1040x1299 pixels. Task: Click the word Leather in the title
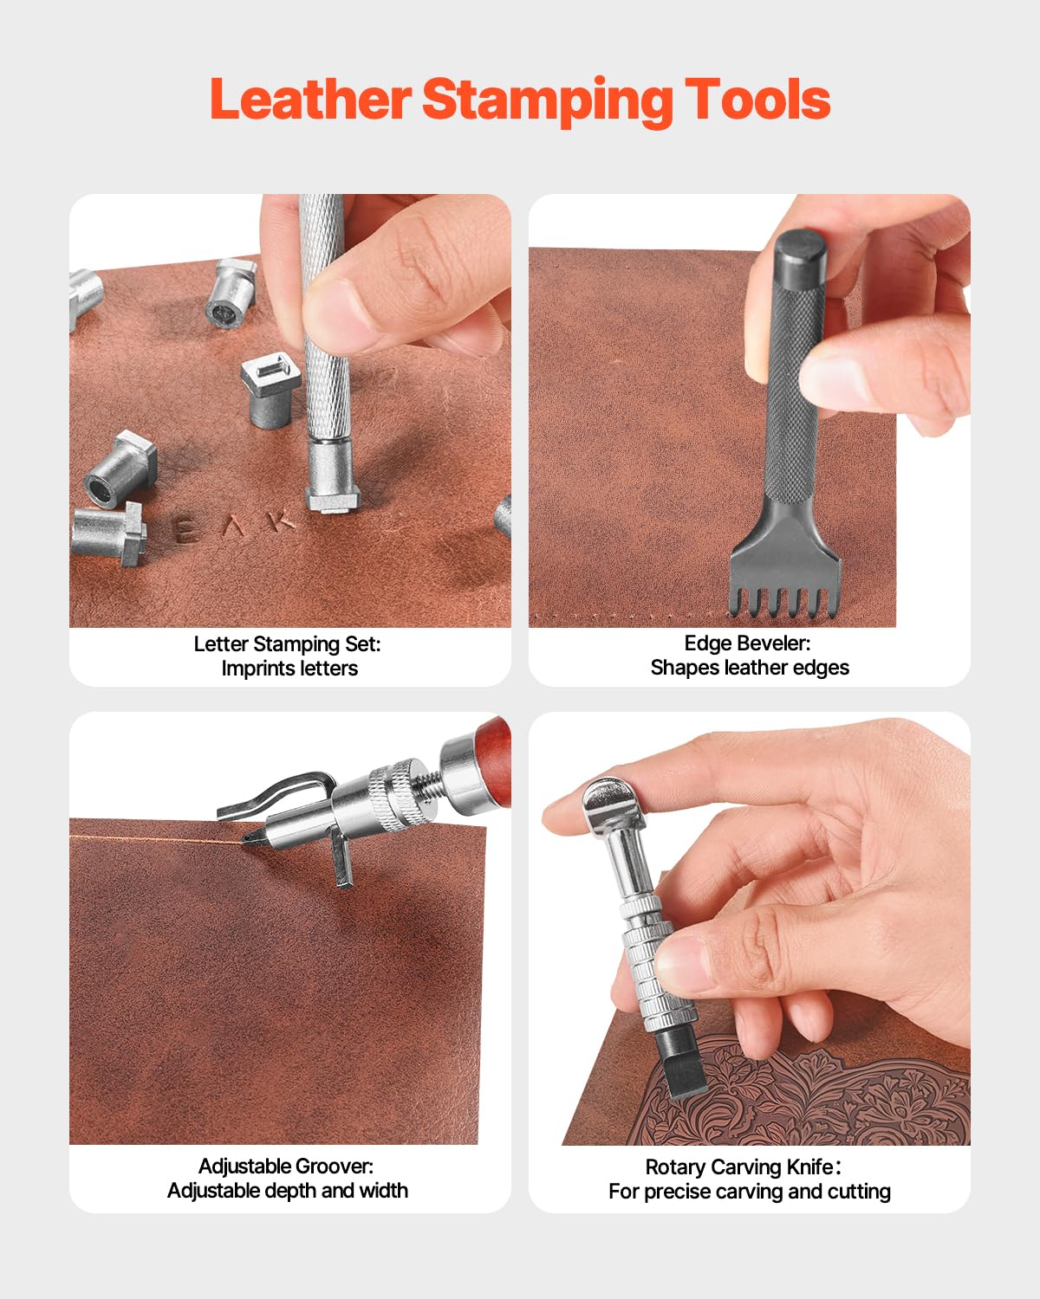(309, 100)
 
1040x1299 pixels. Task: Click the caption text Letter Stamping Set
(287, 644)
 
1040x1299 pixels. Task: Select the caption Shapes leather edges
(750, 668)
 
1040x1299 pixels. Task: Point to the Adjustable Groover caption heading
(286, 1167)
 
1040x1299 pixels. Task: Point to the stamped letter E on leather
(185, 530)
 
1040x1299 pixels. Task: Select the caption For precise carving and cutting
(750, 1192)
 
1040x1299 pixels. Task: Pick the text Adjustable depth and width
(288, 1191)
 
